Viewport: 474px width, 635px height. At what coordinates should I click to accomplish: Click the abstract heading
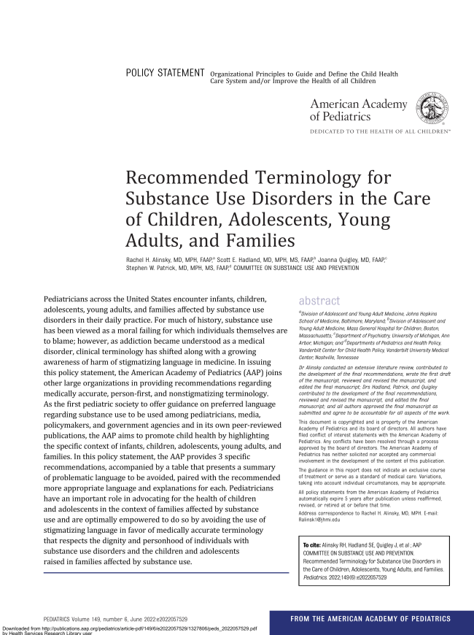coord(319,301)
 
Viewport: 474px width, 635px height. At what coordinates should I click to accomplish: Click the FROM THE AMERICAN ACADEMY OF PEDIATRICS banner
coord(370,619)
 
